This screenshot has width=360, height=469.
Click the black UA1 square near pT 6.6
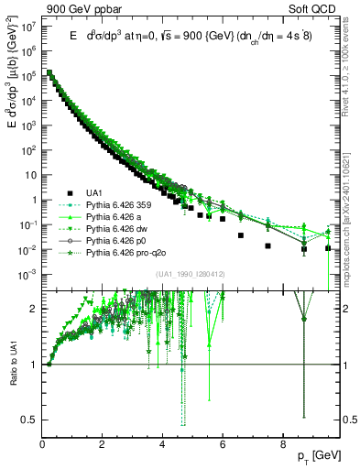[x=240, y=235]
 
